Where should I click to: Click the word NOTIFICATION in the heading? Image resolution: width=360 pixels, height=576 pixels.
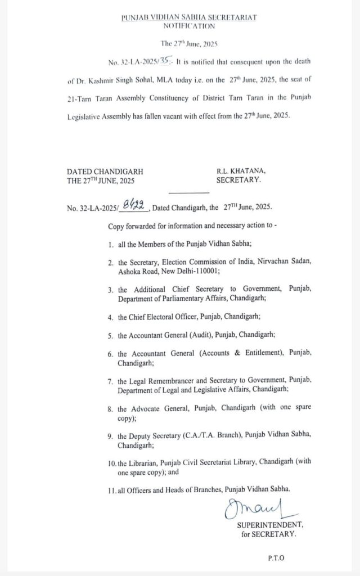pos(189,26)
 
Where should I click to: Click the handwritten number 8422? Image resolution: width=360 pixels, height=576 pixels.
pos(134,208)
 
